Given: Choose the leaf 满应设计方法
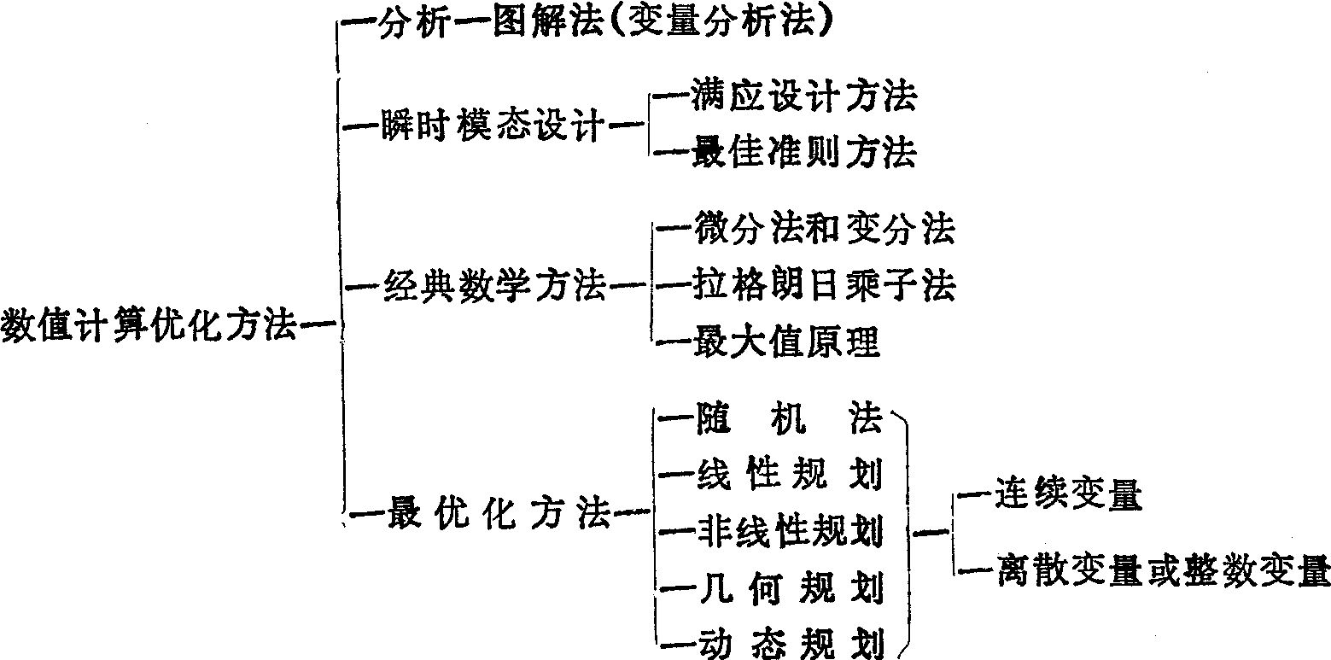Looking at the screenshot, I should pos(803,97).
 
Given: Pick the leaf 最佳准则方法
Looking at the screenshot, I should pos(803,153).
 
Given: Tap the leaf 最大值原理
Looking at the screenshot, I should pos(785,342).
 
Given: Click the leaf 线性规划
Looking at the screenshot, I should pos(785,476).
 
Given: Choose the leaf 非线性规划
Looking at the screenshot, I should pos(785,531).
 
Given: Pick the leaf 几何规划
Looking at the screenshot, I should pos(785,587).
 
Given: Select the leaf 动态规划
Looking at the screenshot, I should pos(785,642).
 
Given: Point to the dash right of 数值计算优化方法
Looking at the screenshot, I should pos(317,325).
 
